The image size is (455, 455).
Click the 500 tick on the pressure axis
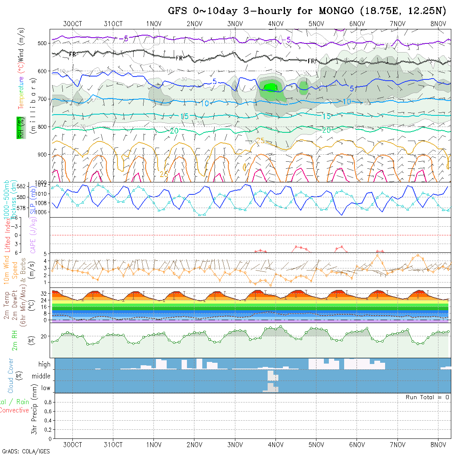43,43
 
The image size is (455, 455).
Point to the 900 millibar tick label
43,155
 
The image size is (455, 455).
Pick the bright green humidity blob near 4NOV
271,87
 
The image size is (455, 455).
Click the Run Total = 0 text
427,397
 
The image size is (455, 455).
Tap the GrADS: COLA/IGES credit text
26,451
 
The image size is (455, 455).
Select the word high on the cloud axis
44,364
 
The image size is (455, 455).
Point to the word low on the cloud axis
45,388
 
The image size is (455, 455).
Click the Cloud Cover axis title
11,376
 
